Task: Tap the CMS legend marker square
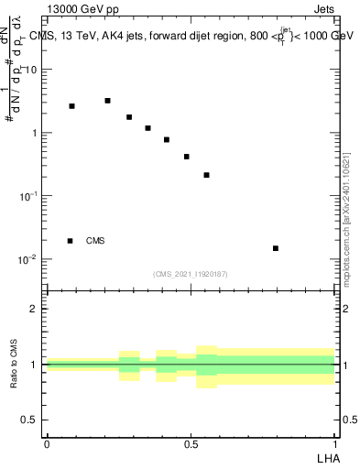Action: tap(71, 241)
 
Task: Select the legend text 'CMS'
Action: tap(94, 241)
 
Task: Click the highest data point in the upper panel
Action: tap(108, 101)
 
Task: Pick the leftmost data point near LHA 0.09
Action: tap(72, 106)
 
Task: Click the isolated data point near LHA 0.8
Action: tap(276, 248)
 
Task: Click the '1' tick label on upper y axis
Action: tap(34, 133)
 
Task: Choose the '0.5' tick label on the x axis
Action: tap(191, 444)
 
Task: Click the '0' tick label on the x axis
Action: tap(47, 444)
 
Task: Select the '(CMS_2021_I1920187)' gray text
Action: tap(191, 274)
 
